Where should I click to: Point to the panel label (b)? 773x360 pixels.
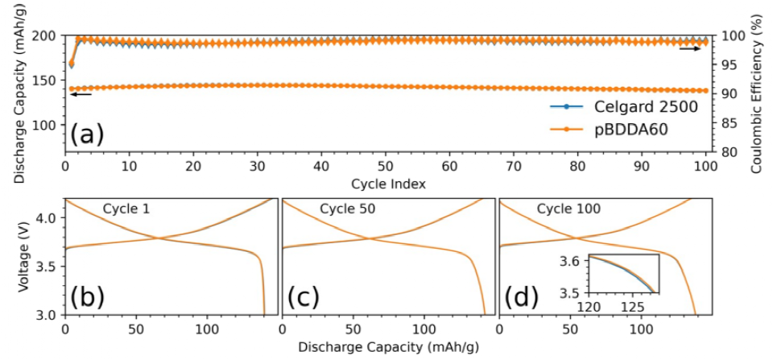tap(86, 298)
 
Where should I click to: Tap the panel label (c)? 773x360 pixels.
tap(304, 298)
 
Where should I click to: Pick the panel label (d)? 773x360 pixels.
tap(521, 298)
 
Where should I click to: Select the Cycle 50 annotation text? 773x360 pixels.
tap(349, 209)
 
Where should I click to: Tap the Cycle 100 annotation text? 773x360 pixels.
tap(569, 209)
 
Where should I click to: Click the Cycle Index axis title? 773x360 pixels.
tap(386, 184)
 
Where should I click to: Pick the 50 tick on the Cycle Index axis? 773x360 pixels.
tap(386, 167)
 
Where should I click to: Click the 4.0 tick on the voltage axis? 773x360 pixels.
tap(48, 218)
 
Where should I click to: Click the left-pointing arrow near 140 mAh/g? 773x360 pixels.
tap(81, 94)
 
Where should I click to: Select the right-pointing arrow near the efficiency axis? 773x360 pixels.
tap(690, 48)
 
